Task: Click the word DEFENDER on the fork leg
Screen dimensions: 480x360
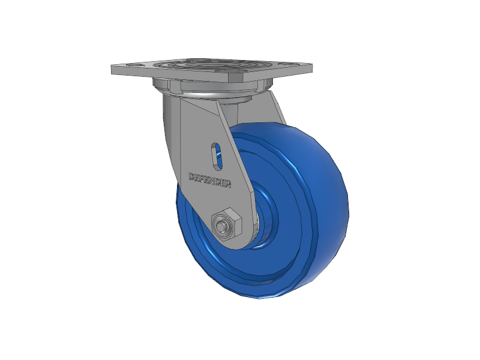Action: [x=210, y=180]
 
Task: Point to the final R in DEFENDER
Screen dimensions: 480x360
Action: [x=228, y=184]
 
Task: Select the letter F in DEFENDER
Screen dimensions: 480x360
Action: [x=203, y=179]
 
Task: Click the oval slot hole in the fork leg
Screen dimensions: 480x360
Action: [x=217, y=155]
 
